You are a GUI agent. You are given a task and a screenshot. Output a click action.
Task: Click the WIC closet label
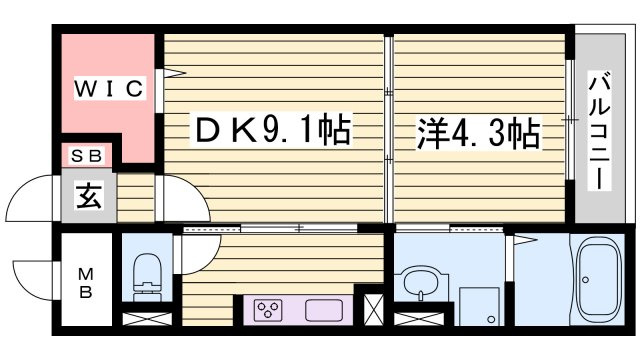109,88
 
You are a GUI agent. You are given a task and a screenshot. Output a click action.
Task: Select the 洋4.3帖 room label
479,133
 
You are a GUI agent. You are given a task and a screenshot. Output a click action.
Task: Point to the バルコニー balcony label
600,131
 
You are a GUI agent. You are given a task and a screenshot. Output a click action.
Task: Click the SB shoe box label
86,156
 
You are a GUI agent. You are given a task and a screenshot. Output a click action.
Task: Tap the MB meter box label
86,283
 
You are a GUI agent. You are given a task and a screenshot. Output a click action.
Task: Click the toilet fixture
148,277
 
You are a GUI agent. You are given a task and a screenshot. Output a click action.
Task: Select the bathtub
598,280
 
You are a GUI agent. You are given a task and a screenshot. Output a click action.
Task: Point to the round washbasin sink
420,283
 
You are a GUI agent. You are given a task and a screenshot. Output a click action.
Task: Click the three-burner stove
268,309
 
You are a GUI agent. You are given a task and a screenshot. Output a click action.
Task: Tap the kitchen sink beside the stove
324,310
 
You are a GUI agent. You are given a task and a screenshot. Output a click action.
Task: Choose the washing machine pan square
479,307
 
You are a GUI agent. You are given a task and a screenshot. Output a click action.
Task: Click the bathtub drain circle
586,280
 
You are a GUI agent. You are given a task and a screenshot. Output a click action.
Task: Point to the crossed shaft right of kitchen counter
373,310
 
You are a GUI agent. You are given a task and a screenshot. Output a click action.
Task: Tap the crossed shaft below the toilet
147,319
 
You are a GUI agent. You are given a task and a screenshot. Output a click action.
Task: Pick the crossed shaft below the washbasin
419,319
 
